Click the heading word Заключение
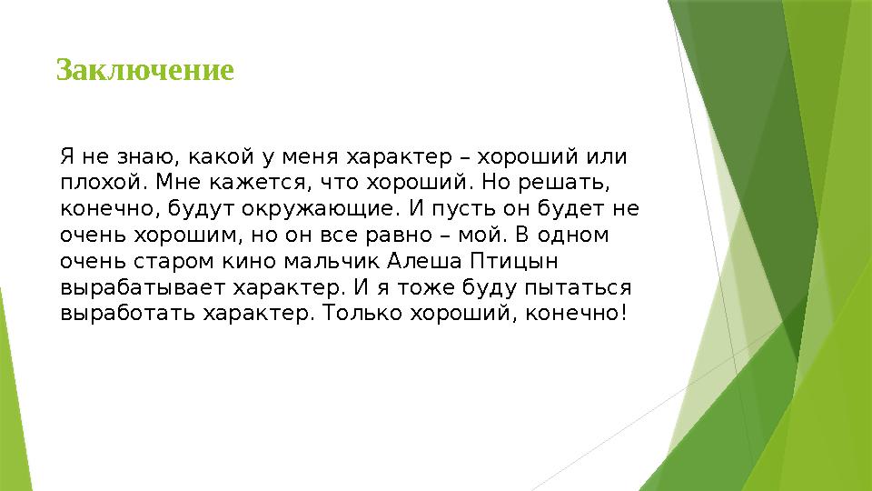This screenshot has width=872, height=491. [145, 70]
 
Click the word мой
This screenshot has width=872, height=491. [497, 235]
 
